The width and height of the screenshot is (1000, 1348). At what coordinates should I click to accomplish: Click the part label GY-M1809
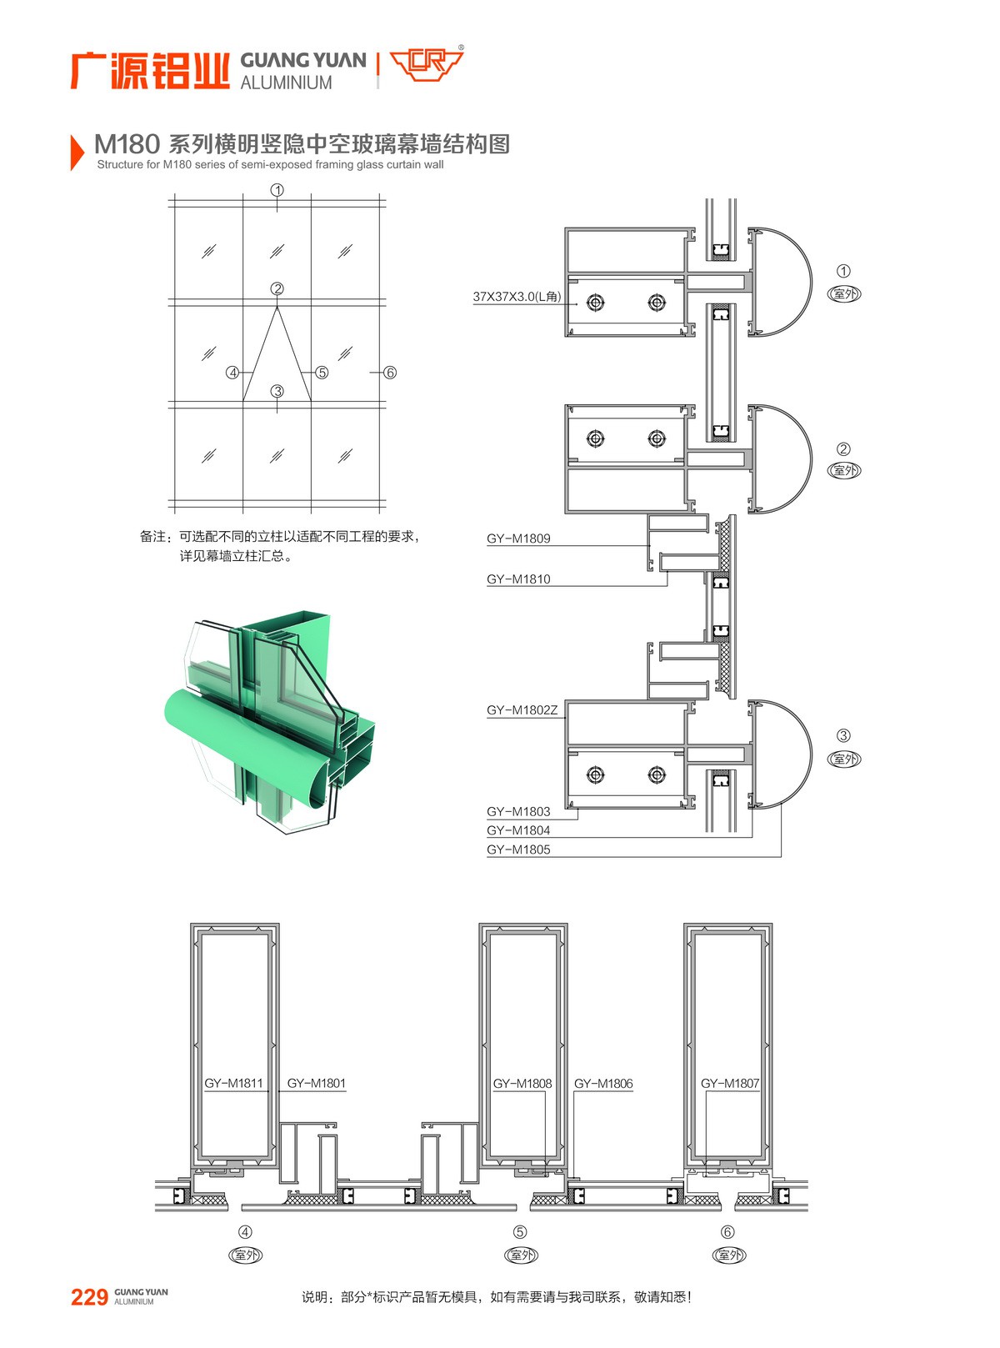(x=518, y=539)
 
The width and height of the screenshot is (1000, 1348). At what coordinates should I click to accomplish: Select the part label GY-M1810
(x=518, y=579)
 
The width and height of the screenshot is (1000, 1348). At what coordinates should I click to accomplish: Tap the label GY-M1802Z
(x=522, y=710)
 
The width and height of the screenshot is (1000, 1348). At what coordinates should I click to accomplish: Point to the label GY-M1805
(x=518, y=849)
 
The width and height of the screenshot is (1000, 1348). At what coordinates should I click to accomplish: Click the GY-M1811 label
(x=233, y=1083)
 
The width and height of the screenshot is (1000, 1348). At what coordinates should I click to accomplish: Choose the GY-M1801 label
(x=316, y=1083)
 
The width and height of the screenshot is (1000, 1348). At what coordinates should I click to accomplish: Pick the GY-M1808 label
(x=522, y=1084)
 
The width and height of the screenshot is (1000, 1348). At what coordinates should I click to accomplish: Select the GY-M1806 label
(x=603, y=1084)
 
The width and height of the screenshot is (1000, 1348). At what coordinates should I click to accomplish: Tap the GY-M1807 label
(x=730, y=1084)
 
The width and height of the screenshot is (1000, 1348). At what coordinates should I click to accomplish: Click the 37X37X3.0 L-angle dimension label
(x=517, y=296)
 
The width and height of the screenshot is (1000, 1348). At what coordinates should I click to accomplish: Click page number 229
(x=89, y=1297)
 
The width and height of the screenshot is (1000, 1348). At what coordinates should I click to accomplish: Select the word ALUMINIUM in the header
(x=286, y=83)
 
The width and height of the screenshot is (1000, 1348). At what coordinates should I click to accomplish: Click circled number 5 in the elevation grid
(x=322, y=373)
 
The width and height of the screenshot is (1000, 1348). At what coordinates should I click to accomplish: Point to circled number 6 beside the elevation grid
(x=389, y=373)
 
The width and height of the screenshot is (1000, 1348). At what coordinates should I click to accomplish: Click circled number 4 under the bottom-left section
(x=245, y=1231)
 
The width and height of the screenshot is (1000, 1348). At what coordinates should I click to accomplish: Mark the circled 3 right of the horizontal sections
(x=843, y=735)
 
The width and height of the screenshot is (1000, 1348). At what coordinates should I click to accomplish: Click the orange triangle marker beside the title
(x=77, y=152)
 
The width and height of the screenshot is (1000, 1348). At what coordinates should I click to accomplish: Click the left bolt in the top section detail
(x=595, y=302)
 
